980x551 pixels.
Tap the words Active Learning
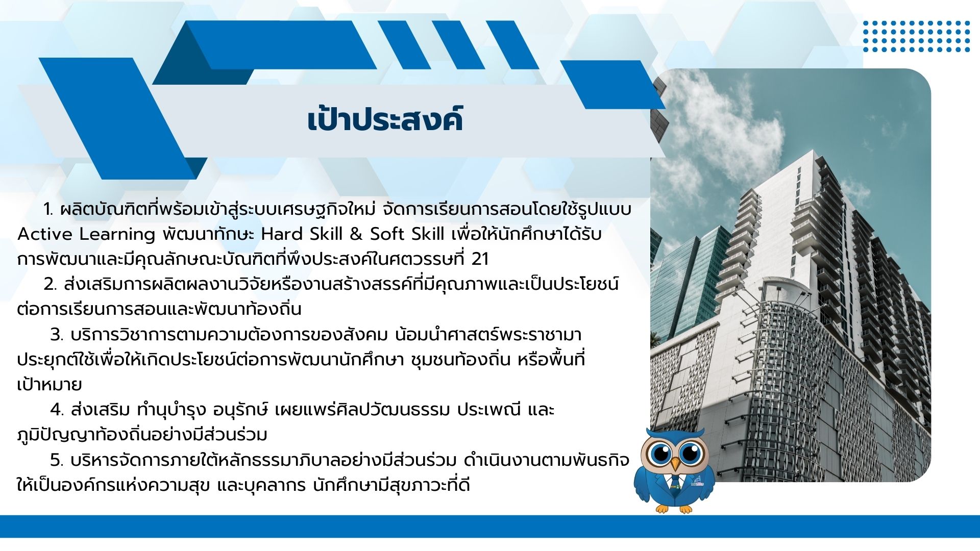86,234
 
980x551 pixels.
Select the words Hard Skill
302,234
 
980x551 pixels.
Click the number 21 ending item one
480,259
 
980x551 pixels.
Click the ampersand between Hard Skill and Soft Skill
356,234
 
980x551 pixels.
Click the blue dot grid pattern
916,36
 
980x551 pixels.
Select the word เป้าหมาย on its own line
50,385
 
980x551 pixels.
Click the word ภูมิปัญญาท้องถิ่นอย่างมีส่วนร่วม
142,435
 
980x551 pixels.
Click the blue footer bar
490,526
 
